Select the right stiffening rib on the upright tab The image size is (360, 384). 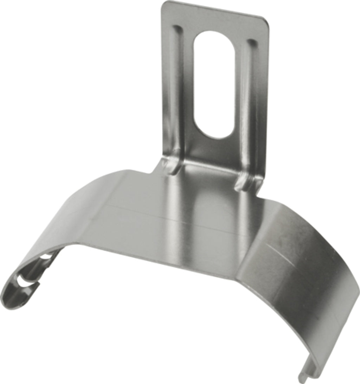click(x=252, y=105)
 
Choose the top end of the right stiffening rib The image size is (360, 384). click(x=252, y=42)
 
